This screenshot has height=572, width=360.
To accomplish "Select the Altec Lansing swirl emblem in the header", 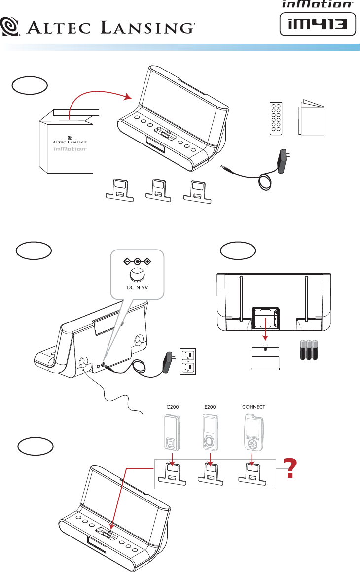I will click(x=10, y=26).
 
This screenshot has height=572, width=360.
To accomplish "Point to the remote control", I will click(x=275, y=119).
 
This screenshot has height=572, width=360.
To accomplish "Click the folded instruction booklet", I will click(x=311, y=118).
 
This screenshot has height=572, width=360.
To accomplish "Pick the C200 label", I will click(x=170, y=408).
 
